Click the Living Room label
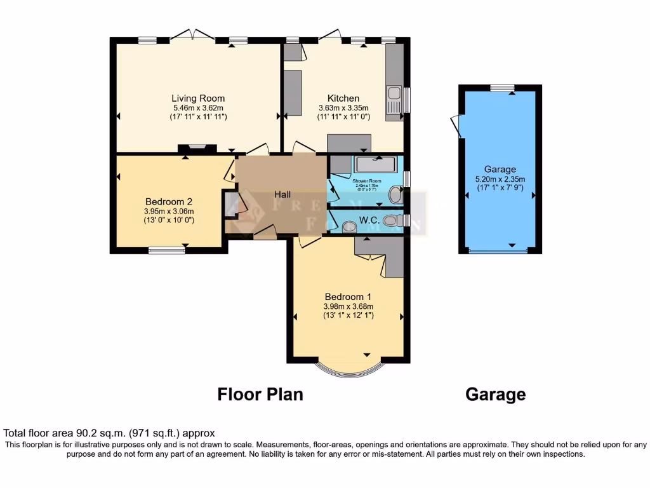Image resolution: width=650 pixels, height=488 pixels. tap(198, 98)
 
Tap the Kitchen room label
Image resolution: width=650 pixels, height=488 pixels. tap(343, 98)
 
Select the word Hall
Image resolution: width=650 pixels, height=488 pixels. tap(282, 194)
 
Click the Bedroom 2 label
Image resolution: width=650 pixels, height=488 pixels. tap(168, 202)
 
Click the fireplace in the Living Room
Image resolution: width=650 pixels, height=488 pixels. tap(197, 149)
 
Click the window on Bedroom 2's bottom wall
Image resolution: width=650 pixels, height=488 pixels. tap(167, 250)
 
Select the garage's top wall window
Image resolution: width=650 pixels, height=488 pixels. tap(501, 88)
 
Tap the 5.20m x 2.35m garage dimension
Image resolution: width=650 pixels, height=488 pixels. tap(500, 179)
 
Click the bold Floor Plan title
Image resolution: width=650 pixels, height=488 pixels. tap(260, 395)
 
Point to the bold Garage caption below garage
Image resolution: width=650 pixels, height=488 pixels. tap(495, 395)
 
